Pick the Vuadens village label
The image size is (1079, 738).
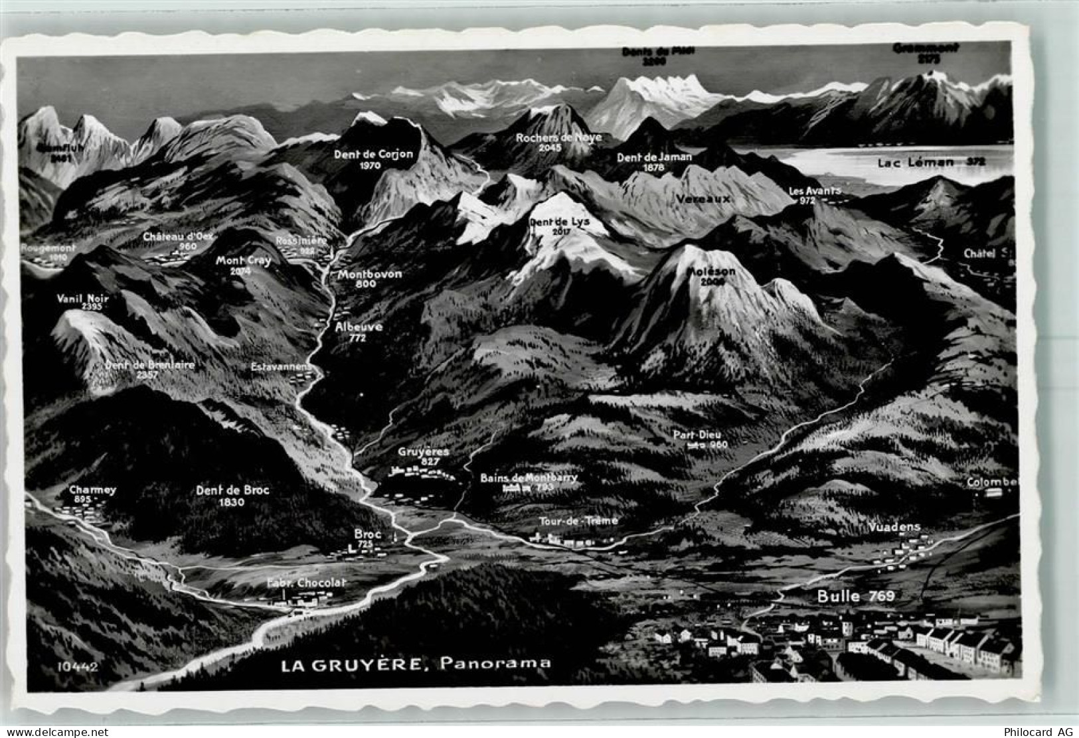[894, 528]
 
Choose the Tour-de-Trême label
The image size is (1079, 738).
[578, 521]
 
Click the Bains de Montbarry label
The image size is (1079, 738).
[529, 478]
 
